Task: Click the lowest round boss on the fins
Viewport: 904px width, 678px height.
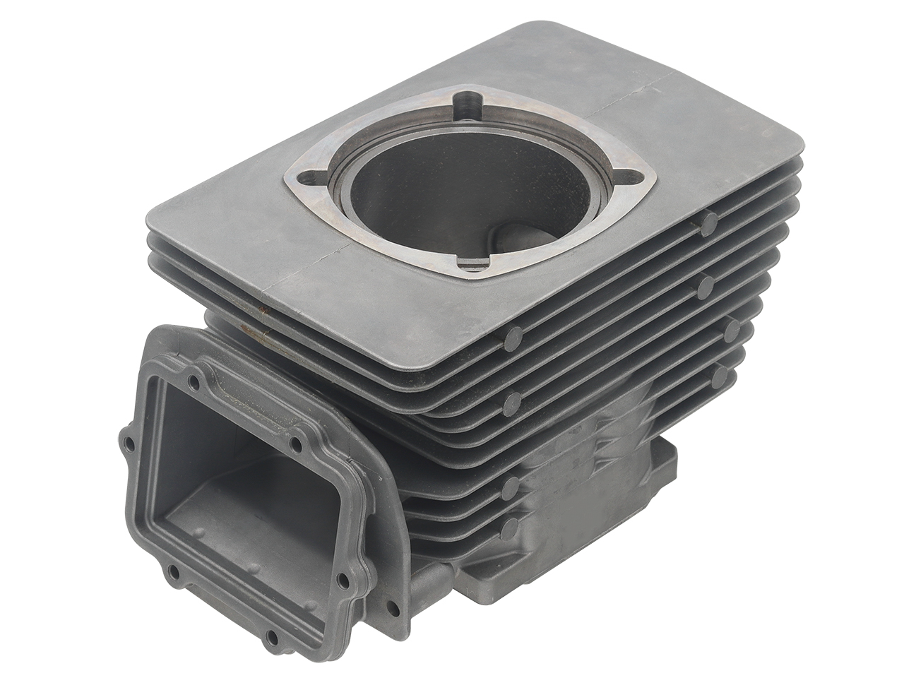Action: click(x=510, y=525)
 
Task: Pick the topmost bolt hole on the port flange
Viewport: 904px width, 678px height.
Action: click(x=193, y=382)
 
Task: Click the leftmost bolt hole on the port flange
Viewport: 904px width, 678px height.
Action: click(x=126, y=446)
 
